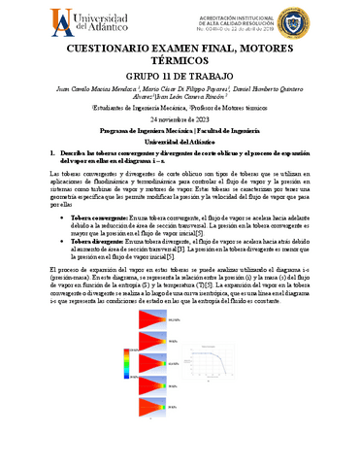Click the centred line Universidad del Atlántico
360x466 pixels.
[x=180, y=142]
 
